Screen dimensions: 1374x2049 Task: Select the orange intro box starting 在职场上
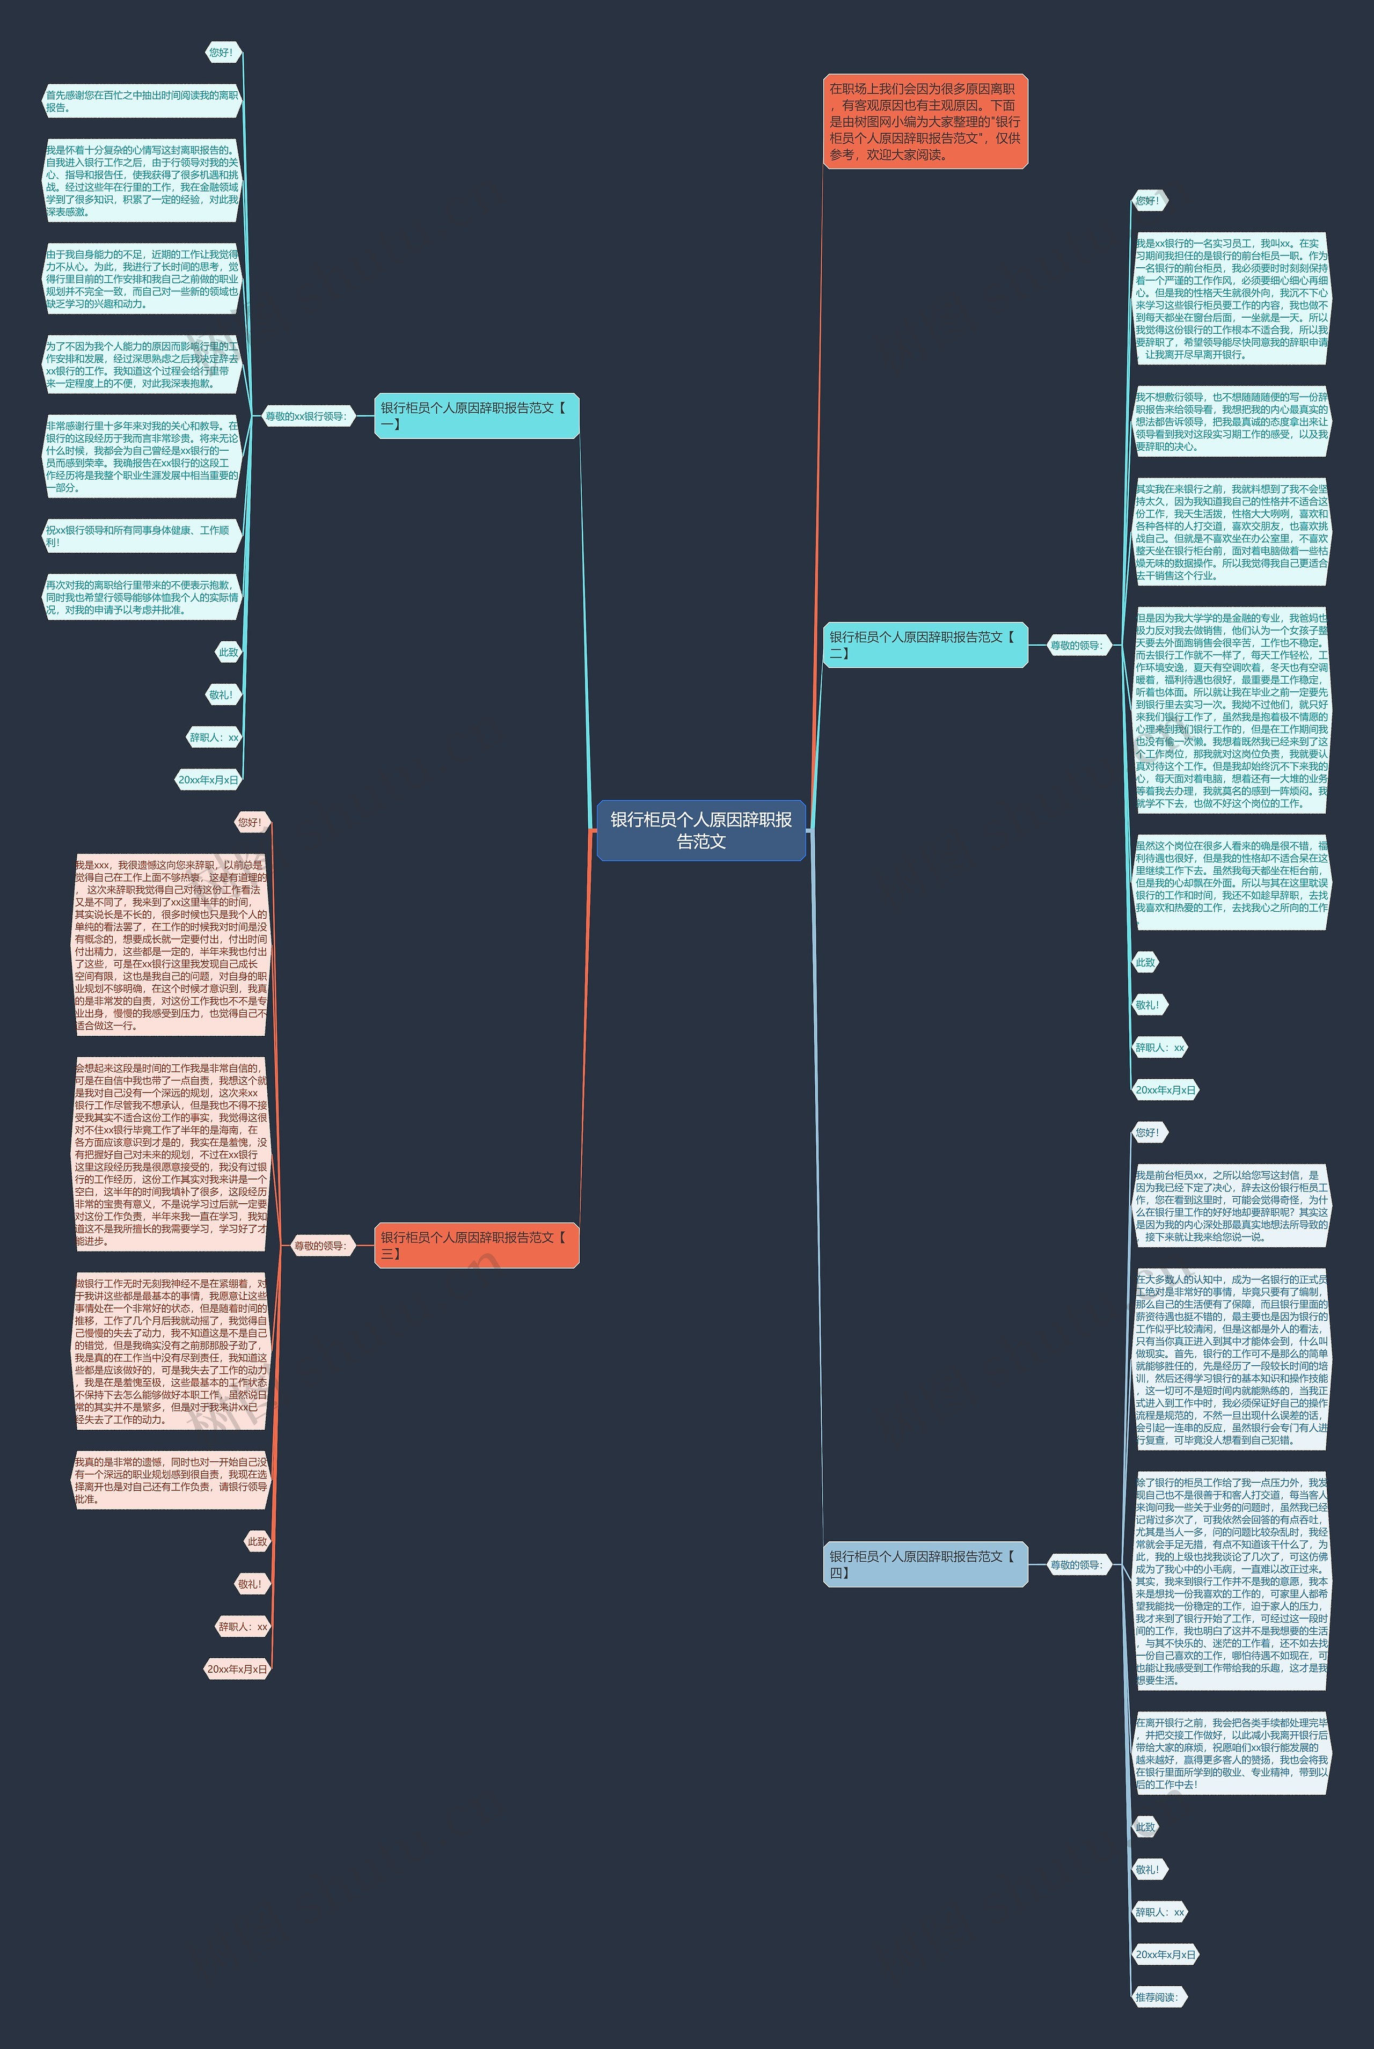click(x=924, y=122)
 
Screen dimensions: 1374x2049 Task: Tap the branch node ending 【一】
click(x=477, y=415)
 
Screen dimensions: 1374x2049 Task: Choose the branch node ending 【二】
click(x=924, y=645)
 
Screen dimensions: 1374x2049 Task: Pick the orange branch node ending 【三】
click(x=477, y=1245)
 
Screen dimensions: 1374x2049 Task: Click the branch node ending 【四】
click(x=924, y=1564)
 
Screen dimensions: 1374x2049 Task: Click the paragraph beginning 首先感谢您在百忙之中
click(x=142, y=101)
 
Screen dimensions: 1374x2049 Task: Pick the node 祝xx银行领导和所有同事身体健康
click(x=142, y=536)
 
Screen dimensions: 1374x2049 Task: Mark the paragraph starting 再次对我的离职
click(x=142, y=597)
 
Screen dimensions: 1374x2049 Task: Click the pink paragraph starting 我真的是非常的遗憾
click(x=171, y=1481)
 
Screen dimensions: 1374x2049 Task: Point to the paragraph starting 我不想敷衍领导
click(x=1230, y=421)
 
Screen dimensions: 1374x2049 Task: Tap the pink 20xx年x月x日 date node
click(x=237, y=1669)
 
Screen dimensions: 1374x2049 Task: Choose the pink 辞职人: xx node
click(x=243, y=1627)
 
